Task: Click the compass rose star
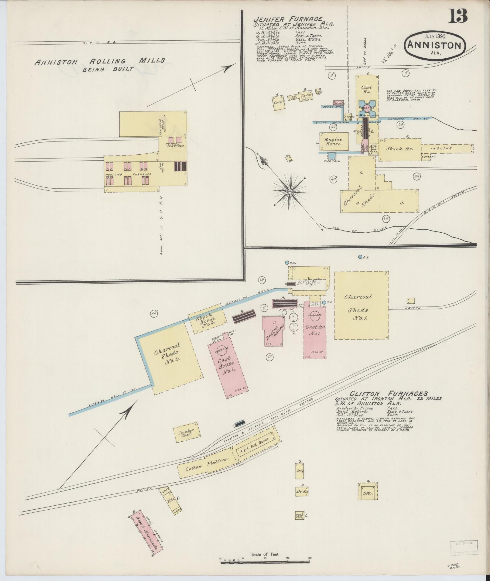pos(290,191)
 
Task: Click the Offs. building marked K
pos(368,494)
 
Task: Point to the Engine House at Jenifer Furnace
pos(334,141)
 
